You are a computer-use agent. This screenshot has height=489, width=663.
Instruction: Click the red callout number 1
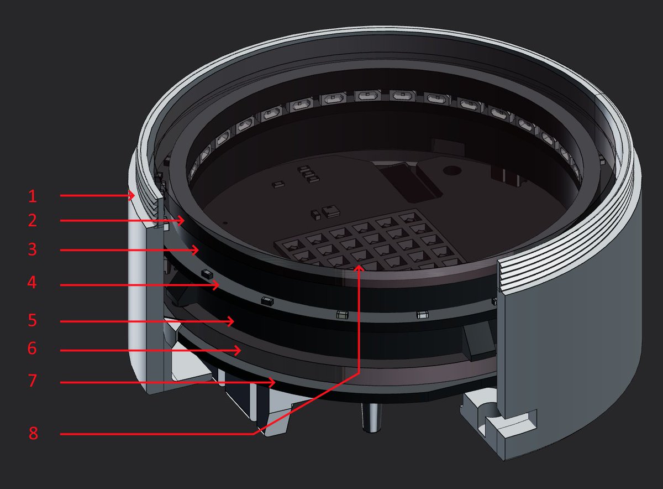coord(33,196)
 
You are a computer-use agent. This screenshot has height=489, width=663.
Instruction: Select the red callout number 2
coord(33,221)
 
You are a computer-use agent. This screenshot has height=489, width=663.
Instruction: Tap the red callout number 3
coord(33,250)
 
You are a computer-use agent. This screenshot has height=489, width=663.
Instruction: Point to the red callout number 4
coord(32,282)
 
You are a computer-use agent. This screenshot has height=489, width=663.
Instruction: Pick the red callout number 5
coord(33,320)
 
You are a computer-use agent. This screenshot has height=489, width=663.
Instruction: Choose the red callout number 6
coord(32,348)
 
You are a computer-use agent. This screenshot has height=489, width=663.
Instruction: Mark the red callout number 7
coord(33,381)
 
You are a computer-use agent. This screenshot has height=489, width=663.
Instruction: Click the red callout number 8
coord(33,433)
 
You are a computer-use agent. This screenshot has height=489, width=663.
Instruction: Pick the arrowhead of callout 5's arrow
coord(230,321)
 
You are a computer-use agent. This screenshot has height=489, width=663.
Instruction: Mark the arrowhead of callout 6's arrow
coord(238,351)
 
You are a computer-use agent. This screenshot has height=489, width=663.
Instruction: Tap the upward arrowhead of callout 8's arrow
coord(359,268)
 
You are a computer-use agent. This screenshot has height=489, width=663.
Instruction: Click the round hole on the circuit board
coord(452,171)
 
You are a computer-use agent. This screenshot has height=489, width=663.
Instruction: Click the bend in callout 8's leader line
coord(359,373)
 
